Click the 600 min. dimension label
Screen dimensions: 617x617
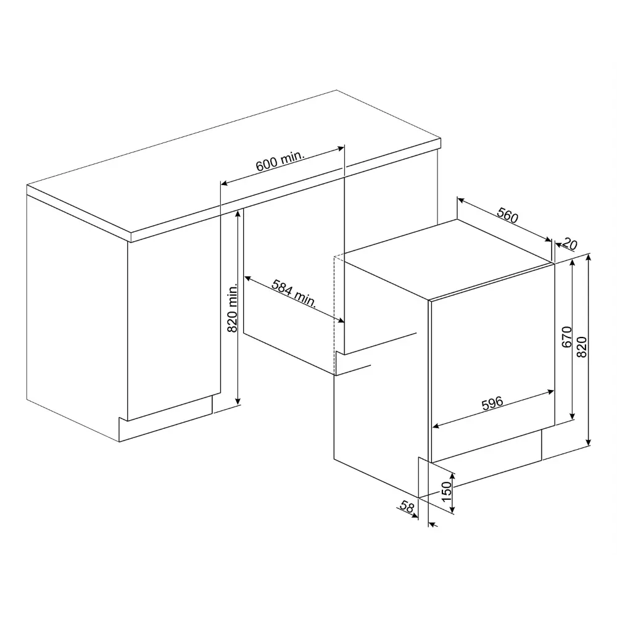click(280, 160)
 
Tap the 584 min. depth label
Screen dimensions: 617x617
click(294, 294)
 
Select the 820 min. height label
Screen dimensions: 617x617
click(233, 308)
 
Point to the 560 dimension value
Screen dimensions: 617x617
click(508, 215)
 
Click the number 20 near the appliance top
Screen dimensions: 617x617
click(569, 244)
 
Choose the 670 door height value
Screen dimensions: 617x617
click(566, 337)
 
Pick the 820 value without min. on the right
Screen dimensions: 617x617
click(582, 347)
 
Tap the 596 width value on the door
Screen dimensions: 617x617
click(492, 403)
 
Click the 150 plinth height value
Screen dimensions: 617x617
click(446, 492)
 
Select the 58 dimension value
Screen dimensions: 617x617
click(407, 506)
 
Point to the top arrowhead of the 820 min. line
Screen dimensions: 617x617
click(238, 213)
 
